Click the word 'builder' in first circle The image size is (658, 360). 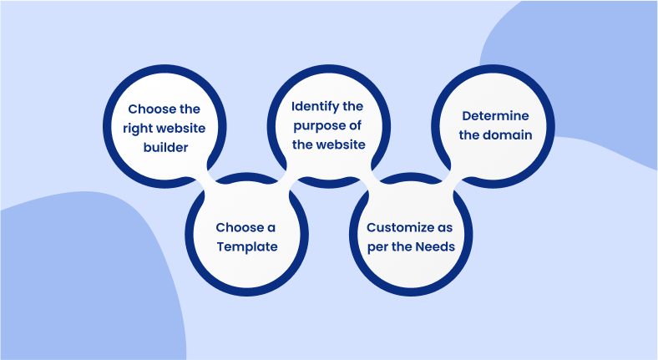[164, 147]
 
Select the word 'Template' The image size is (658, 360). [248, 246]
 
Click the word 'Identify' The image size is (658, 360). [315, 106]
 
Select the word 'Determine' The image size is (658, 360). [496, 114]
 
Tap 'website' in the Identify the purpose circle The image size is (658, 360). [341, 145]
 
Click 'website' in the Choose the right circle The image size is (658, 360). [181, 128]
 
